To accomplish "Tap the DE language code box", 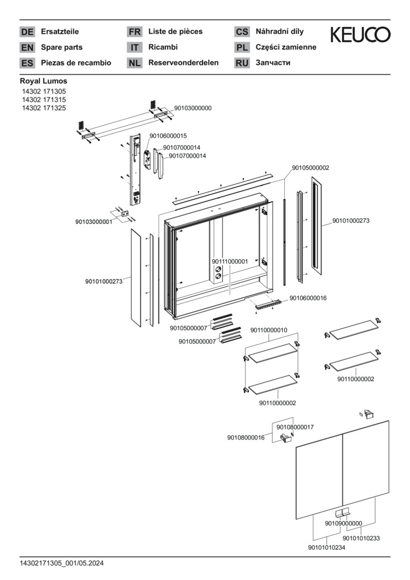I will point(27,32).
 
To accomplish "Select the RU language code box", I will point(242,63).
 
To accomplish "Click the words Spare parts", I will point(61,47).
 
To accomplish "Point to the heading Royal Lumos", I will point(44,81).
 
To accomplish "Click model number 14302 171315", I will point(44,100).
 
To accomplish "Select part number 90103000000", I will point(192,108).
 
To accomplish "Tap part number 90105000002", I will point(311,168).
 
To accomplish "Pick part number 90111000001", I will point(229,262).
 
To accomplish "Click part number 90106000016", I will point(308,298).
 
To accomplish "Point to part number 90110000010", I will point(269,330).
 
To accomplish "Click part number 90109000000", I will point(343,523).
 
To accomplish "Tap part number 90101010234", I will point(327,547).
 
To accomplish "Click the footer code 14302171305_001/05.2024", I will point(62,563).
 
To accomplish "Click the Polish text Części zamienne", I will point(286,47).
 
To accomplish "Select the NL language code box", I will point(134,63).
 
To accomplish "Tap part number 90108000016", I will point(246,438).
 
